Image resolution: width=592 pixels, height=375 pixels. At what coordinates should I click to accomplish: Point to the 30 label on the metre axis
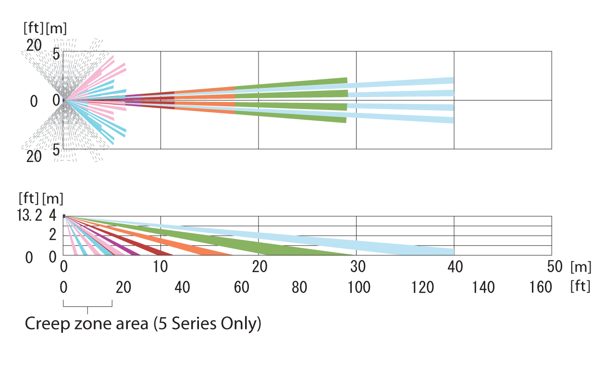tap(358, 267)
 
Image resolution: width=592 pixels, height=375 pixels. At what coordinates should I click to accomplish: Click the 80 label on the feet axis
tap(299, 287)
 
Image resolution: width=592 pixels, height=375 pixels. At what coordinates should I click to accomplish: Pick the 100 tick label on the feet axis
tap(358, 287)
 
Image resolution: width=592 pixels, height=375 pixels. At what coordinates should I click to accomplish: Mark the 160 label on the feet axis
tap(541, 287)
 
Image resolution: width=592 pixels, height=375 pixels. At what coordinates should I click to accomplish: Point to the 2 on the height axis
tap(53, 235)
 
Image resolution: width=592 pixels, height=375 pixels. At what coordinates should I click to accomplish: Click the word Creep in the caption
tap(47, 324)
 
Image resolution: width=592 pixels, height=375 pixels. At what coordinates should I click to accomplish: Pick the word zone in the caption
tap(95, 324)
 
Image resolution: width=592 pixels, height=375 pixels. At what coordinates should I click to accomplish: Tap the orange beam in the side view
tap(207, 250)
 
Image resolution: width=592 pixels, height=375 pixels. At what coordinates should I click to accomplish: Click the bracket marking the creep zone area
tap(87, 304)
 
